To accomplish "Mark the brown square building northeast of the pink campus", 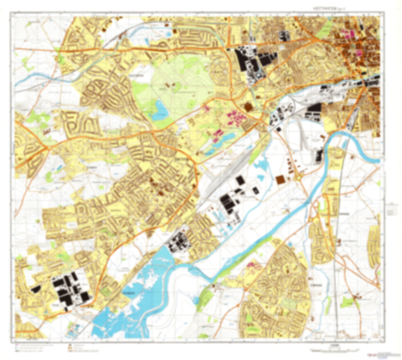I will tap(248, 107).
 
